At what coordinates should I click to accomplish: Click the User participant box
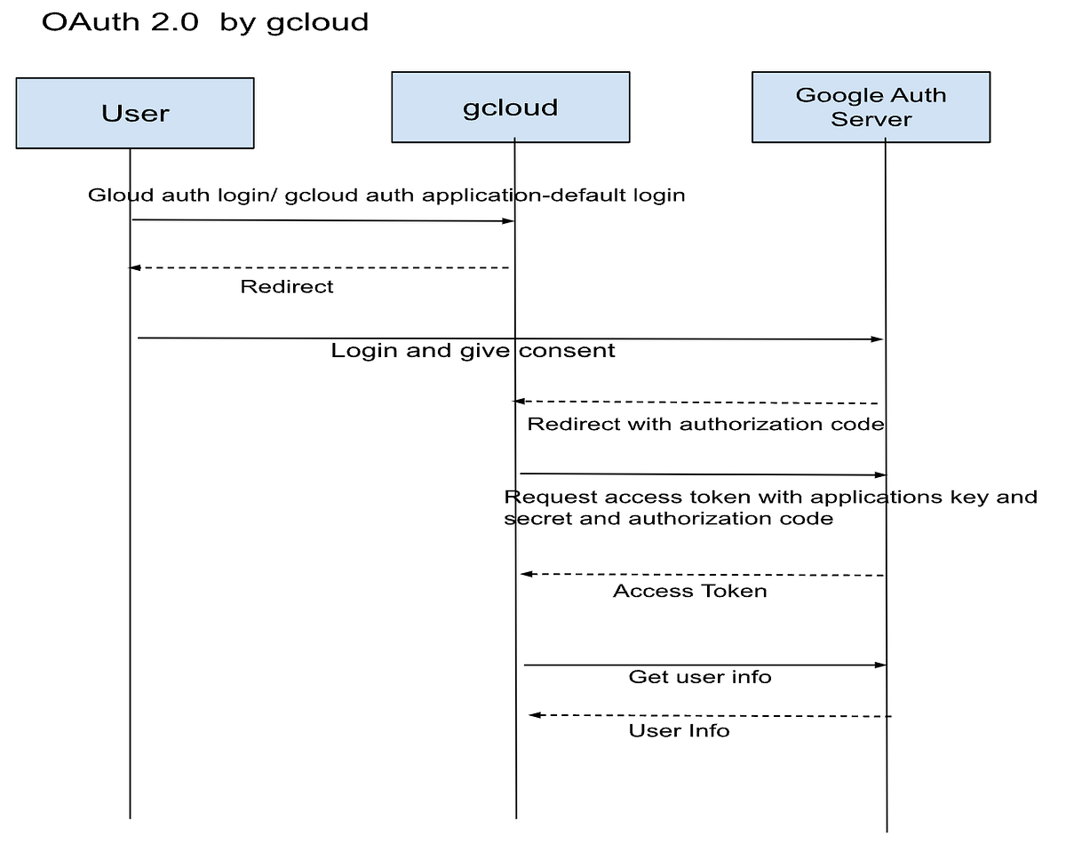135,113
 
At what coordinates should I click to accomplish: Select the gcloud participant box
510,107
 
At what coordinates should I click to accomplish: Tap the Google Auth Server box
871,107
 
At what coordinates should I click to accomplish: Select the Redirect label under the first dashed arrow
287,287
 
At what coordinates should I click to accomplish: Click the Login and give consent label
473,351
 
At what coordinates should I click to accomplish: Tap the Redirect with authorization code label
705,424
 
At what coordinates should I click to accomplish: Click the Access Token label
689,591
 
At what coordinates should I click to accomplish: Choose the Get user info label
700,677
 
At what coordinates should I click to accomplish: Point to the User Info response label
679,730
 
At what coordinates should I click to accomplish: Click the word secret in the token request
536,518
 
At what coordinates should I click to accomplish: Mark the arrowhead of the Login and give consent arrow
878,339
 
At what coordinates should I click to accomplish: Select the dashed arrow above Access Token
702,575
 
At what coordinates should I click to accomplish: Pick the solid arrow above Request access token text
702,474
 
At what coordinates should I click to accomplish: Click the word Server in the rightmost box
871,119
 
